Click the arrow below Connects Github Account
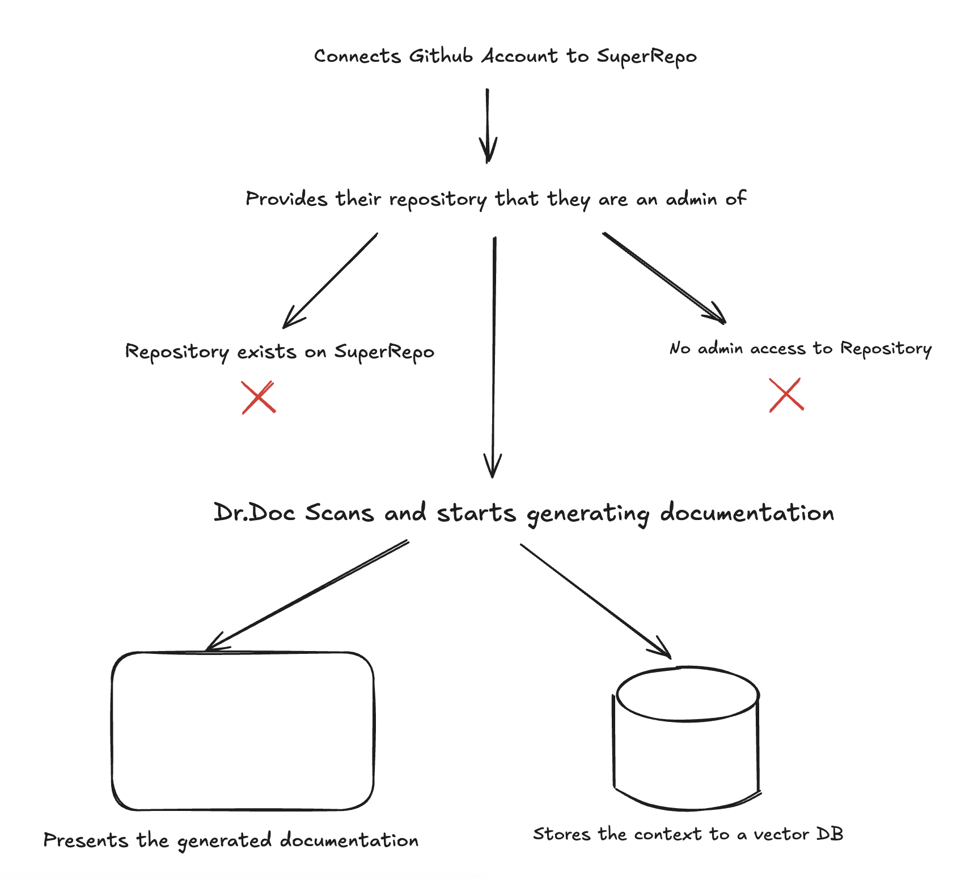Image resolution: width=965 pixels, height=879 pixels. pos(488,125)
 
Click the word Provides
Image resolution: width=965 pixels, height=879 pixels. pos(286,199)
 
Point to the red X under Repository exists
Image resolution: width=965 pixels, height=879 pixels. pos(259,397)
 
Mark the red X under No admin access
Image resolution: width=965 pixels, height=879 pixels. pos(786,395)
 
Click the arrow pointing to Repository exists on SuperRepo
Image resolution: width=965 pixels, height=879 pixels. pos(330,280)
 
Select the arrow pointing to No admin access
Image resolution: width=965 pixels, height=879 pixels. pos(664,278)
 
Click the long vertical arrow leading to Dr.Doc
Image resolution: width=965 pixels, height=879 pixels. pos(494,357)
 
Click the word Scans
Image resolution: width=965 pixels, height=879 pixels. pos(340,513)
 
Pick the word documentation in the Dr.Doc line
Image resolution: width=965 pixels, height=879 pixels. pos(747,513)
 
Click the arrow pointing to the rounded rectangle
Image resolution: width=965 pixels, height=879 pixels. pos(307,595)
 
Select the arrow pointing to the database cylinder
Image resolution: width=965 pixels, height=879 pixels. pos(596,601)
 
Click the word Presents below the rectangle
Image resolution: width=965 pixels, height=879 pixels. pos(86,840)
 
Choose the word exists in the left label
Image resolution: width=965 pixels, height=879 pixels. pos(266,352)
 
